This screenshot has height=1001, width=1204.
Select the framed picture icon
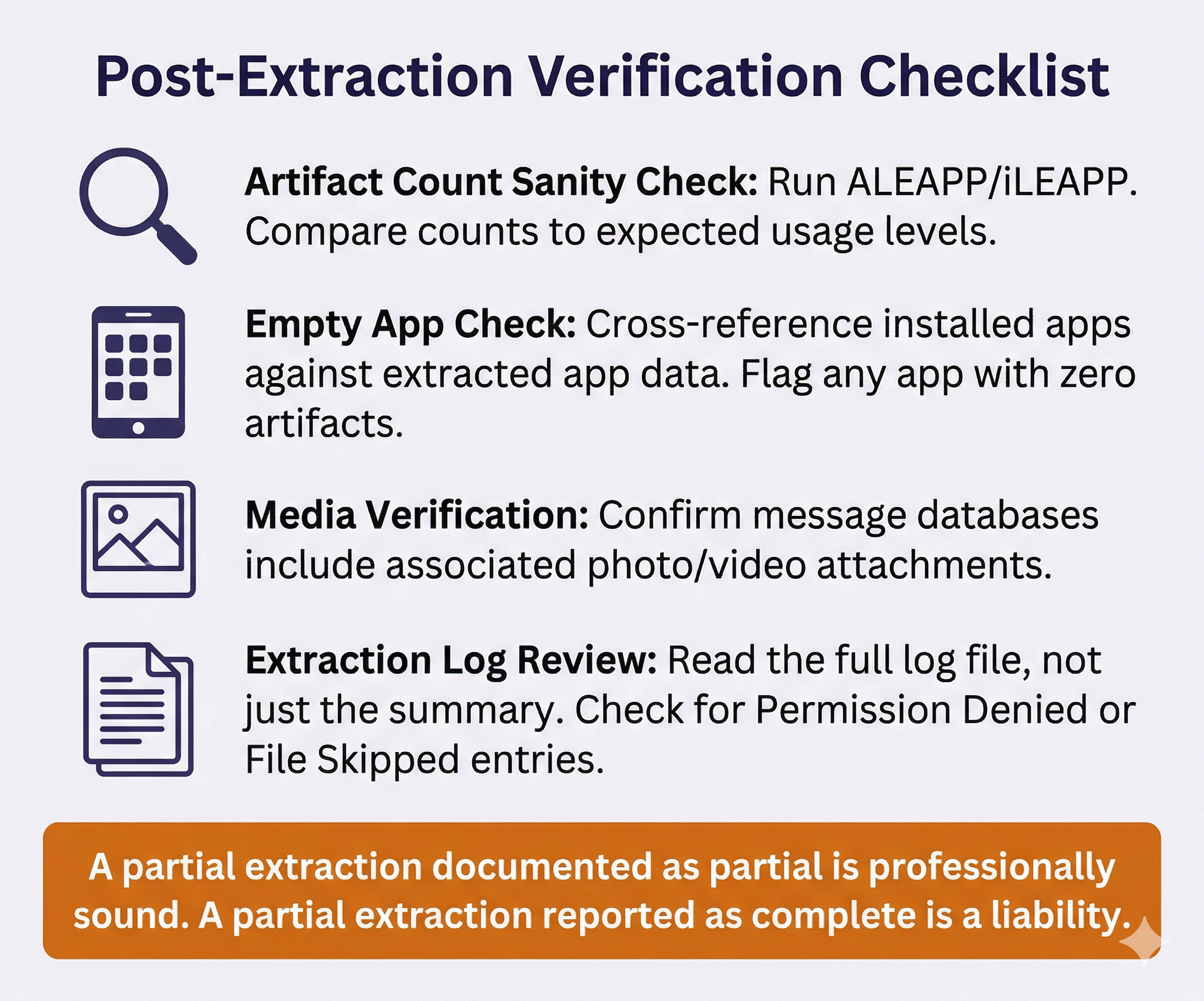pyautogui.click(x=138, y=539)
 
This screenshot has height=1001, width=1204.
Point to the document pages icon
pyautogui.click(x=138, y=709)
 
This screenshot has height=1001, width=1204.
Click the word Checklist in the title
pyautogui.click(x=982, y=77)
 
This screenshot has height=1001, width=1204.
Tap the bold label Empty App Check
pyautogui.click(x=411, y=324)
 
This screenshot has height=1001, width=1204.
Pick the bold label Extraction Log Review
pyautogui.click(x=450, y=660)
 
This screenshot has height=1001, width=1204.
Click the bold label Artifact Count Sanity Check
pyautogui.click(x=501, y=182)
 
